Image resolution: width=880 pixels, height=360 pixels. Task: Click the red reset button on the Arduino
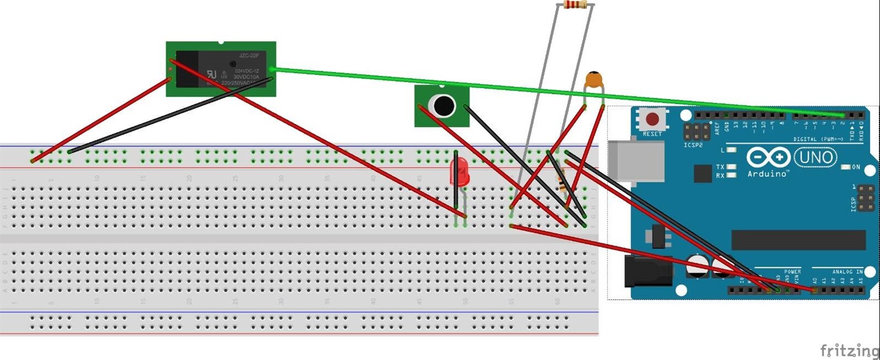652,119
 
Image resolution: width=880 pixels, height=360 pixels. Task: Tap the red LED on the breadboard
459,172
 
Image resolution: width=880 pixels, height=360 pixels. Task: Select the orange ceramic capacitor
593,80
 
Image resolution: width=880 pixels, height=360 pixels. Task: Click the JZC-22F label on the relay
249,55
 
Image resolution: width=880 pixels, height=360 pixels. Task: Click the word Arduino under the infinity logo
766,174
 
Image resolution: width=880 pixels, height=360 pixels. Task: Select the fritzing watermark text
849,351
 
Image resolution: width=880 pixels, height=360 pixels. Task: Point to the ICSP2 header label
693,146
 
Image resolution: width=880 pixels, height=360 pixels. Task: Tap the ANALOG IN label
848,272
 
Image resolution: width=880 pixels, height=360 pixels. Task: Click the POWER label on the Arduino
792,272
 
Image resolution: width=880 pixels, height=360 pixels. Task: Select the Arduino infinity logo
768,158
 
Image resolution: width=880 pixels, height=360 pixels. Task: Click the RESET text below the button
652,134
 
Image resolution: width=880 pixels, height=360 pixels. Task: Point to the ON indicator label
855,167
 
